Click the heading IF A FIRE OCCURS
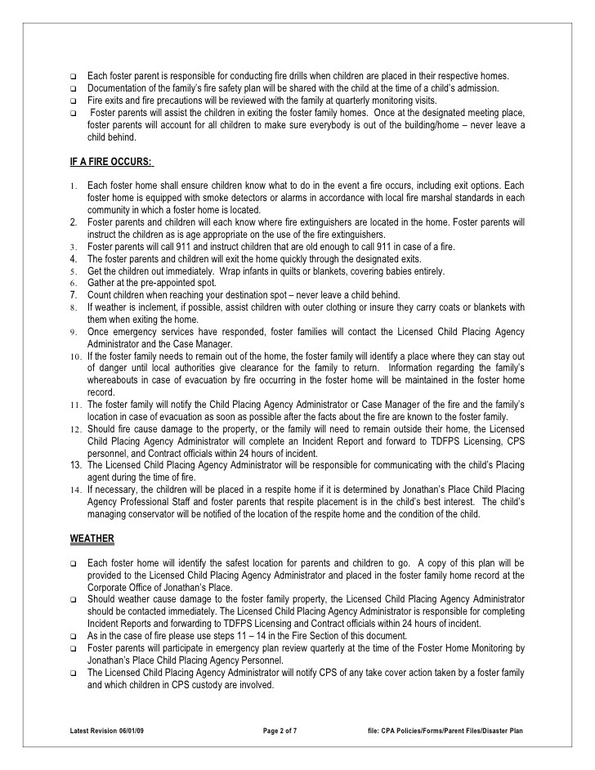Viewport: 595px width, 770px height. click(111, 160)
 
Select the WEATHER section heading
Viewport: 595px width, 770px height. click(92, 539)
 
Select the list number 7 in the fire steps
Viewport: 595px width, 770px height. click(73, 295)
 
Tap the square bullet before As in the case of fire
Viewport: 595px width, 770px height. click(73, 636)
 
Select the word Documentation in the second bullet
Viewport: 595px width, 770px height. click(118, 88)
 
